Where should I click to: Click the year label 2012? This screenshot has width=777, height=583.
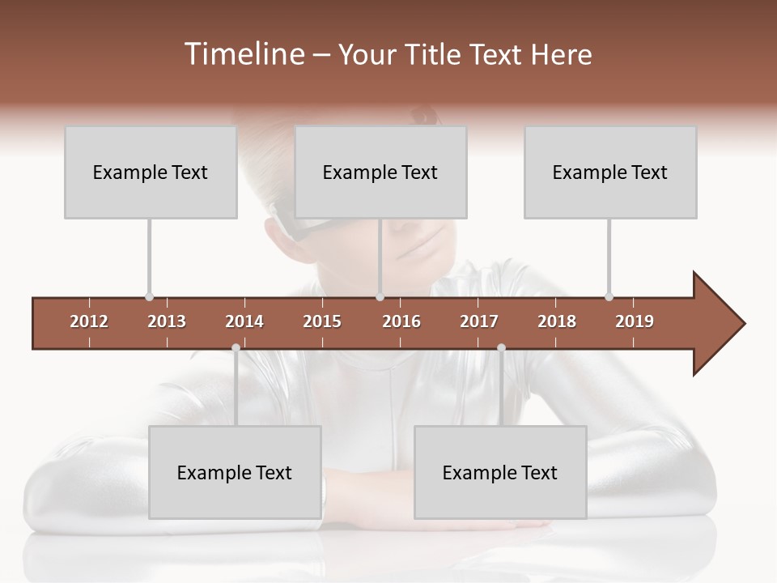89,321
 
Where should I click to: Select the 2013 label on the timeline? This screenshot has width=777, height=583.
167,321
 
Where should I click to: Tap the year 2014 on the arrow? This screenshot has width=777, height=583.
244,321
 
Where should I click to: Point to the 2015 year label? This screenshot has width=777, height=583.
322,321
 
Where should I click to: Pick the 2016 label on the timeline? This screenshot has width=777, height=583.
401,321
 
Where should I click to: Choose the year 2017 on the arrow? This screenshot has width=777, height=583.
479,321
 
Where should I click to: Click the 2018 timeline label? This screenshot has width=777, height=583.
557,321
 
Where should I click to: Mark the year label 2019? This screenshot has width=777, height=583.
635,321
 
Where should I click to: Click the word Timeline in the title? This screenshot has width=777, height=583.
242,54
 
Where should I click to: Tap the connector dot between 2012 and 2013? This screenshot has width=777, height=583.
149,297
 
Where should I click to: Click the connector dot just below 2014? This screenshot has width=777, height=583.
236,347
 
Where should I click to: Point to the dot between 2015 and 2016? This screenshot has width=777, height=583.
380,297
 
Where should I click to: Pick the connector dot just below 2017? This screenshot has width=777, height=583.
501,347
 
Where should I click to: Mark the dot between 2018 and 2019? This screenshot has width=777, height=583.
609,297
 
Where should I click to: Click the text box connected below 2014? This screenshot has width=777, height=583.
235,472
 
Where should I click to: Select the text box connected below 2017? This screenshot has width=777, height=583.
500,472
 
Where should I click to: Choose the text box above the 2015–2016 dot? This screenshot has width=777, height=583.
380,172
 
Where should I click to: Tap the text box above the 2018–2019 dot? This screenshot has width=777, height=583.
610,172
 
